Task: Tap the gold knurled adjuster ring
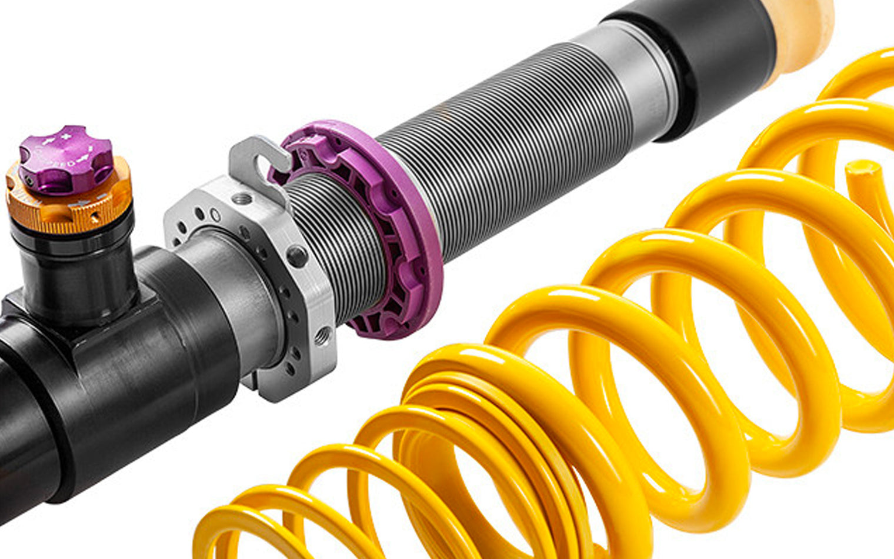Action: (71, 206)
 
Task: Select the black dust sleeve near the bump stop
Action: (718, 65)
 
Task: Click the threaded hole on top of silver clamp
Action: (241, 199)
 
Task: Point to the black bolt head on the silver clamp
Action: (297, 257)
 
